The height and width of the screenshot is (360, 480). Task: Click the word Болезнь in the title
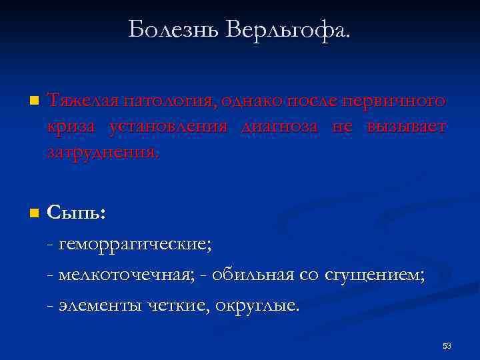171,29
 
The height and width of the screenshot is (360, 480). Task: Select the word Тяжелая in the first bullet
79,101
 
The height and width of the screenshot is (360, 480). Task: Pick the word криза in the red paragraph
70,127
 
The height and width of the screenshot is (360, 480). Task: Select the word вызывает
406,127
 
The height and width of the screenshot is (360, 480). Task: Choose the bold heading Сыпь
76,213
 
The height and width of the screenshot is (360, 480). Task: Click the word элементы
99,305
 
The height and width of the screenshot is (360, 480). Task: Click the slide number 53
447,345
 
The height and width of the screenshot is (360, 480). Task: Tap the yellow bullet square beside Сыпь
33,214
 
